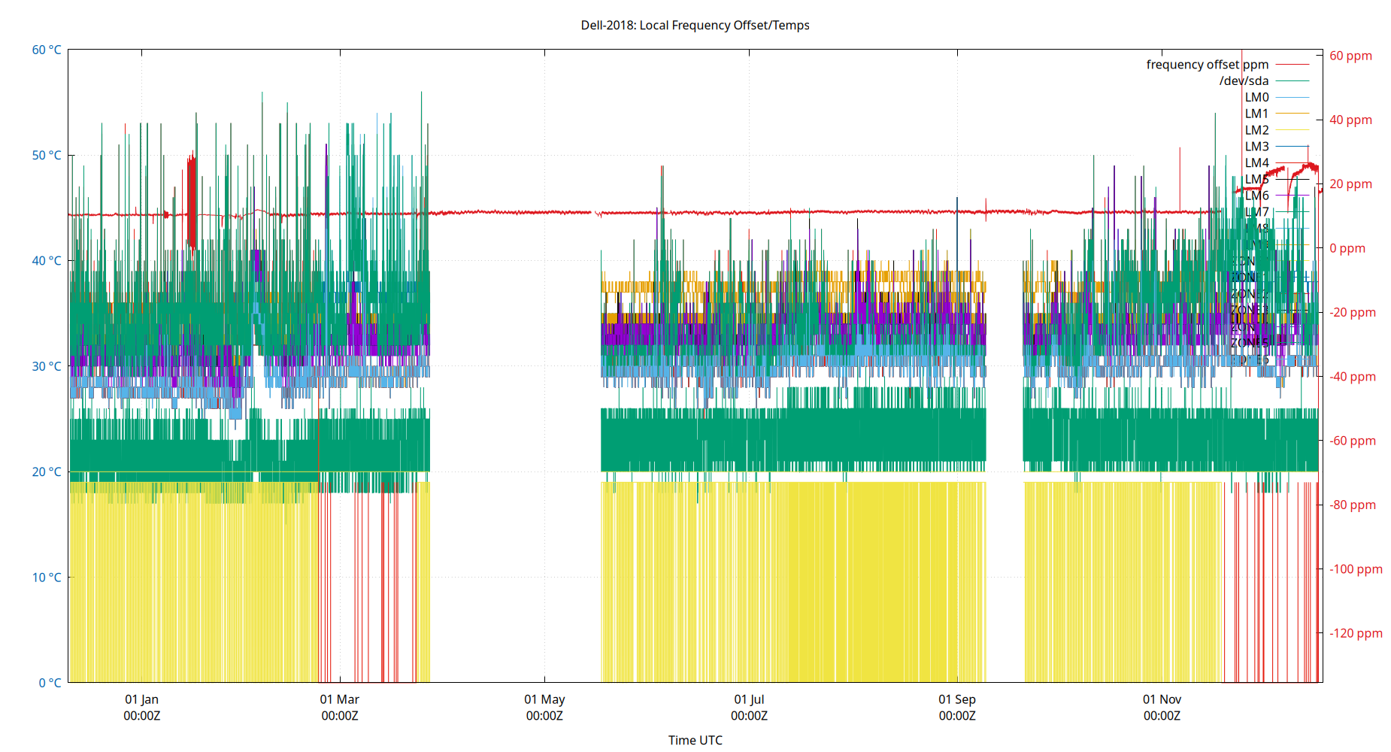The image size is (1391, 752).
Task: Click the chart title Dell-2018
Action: pyautogui.click(x=695, y=25)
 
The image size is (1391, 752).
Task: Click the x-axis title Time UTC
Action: pyautogui.click(x=695, y=740)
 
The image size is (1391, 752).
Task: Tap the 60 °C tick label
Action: pyautogui.click(x=47, y=50)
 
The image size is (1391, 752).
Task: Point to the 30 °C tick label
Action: pyautogui.click(x=47, y=366)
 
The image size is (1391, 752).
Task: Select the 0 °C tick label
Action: pyautogui.click(x=50, y=683)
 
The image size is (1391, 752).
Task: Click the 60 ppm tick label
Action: pyautogui.click(x=1350, y=56)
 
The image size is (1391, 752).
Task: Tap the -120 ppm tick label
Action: pyautogui.click(x=1356, y=633)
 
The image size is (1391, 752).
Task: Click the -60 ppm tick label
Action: pyautogui.click(x=1353, y=441)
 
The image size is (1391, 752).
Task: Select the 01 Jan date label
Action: pyautogui.click(x=141, y=699)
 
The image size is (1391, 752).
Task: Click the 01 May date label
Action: pyautogui.click(x=544, y=699)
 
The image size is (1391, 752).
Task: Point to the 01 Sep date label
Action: pyautogui.click(x=956, y=699)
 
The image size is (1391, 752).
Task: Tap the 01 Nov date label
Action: pyautogui.click(x=1162, y=699)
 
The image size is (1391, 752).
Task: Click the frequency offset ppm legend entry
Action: pyautogui.click(x=1207, y=65)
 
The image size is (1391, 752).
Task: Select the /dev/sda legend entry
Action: pyautogui.click(x=1244, y=81)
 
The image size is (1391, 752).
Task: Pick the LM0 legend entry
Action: pyautogui.click(x=1256, y=97)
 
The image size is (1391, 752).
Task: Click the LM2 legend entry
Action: pyautogui.click(x=1256, y=130)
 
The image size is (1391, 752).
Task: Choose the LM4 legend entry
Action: pyautogui.click(x=1256, y=162)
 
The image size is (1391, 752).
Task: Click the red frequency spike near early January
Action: pyautogui.click(x=191, y=199)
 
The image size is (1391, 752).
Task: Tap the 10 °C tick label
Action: pyautogui.click(x=47, y=578)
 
